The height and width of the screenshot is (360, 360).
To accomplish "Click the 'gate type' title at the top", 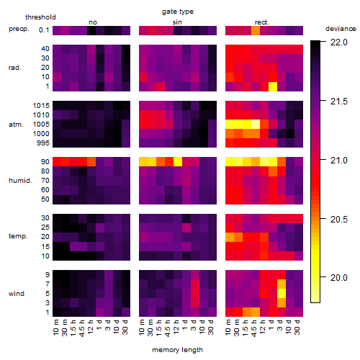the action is pos(178,12).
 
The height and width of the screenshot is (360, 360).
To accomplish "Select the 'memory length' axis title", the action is pos(177,350).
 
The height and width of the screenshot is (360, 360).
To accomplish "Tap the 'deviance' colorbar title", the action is pos(341,29).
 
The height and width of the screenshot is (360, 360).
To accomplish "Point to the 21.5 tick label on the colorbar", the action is pos(339,102).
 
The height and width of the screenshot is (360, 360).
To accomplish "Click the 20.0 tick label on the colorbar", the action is pos(339,278).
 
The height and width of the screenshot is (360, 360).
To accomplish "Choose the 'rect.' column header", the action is pos(261,22).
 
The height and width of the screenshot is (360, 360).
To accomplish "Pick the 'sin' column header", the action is pos(177,22).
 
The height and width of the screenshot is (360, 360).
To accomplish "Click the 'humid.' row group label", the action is pos(20,181).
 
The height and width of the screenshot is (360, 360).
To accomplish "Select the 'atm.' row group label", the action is pos(16,125).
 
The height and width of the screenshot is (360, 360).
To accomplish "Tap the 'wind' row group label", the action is pos(17,294).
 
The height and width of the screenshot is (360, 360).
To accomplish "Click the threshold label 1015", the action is pos(41,105).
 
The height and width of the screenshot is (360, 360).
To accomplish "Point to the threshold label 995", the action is pos(43,143).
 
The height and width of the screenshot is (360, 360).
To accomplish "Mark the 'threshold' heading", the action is pos(40,17).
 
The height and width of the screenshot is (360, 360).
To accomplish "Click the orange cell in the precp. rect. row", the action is pos(256,30).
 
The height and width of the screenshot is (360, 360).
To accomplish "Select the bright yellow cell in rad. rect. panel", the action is pos(273,86).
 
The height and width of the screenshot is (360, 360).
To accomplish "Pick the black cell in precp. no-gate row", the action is pos(91,30).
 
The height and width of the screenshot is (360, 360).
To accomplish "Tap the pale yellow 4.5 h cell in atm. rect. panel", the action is pos(256,125).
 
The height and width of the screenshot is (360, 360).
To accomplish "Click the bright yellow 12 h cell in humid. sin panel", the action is pos(178,161).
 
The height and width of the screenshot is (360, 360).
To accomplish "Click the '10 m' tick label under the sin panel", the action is pos(142,327).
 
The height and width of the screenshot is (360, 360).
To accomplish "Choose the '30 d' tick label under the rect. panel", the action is pos(297,327).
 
